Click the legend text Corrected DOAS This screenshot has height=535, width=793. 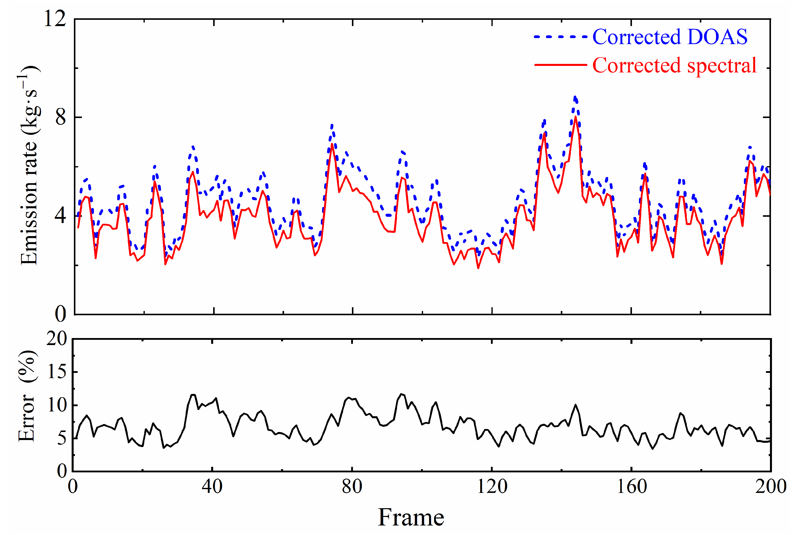[x=670, y=37]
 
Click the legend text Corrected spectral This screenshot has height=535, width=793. [x=674, y=65]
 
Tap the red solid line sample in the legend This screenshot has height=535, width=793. [x=560, y=64]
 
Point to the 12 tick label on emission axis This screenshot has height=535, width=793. [x=55, y=19]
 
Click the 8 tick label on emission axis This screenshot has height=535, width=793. [x=60, y=117]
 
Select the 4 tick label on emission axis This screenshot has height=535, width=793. [x=60, y=216]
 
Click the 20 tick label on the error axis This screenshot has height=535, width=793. [x=57, y=339]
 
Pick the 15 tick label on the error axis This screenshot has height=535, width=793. [x=57, y=372]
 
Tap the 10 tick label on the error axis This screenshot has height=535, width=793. [x=57, y=405]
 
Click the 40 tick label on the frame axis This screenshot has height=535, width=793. [x=212, y=486]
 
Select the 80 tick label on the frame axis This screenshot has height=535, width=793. [x=352, y=486]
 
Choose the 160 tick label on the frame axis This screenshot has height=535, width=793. [x=631, y=486]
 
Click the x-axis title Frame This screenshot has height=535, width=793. [x=411, y=518]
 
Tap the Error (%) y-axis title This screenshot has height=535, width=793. [x=27, y=396]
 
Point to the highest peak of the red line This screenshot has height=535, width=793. [x=575, y=117]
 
